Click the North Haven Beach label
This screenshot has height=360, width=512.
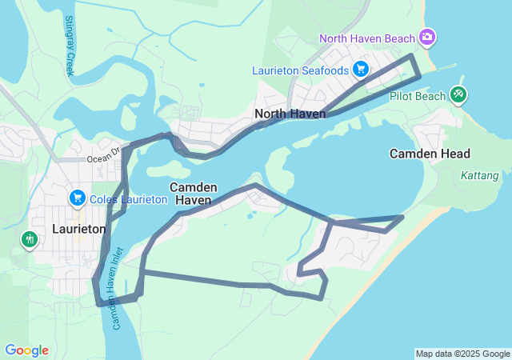tap(367, 38)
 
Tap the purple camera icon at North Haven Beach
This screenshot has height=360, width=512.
tap(427, 37)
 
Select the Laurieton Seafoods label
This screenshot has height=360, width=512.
tap(300, 70)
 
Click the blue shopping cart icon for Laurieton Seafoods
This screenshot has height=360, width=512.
tap(361, 70)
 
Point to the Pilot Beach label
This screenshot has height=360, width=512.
tap(418, 96)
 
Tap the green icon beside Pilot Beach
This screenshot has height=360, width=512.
tap(458, 94)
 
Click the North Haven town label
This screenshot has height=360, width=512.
tap(290, 114)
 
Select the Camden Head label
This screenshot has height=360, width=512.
tap(430, 153)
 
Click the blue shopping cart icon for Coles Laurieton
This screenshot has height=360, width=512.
tap(78, 197)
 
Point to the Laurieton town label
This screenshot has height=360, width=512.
tap(78, 229)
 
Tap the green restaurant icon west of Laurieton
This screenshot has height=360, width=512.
tap(30, 238)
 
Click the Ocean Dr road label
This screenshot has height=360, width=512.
tap(103, 149)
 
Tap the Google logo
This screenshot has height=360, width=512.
tap(26, 350)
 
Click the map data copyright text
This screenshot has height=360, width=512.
tap(462, 354)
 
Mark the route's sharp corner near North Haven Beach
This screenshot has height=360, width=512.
tap(413, 56)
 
